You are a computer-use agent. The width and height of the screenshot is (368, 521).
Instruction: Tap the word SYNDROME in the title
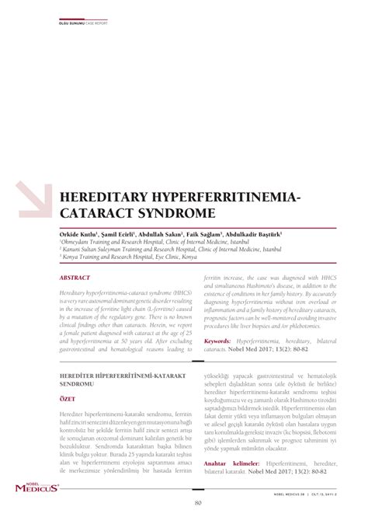click(x=182, y=212)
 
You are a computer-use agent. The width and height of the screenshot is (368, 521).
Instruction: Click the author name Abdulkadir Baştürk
click(x=256, y=233)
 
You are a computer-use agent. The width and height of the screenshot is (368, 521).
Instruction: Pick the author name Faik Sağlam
click(x=204, y=233)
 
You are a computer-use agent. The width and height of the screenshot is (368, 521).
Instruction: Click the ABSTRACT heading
click(x=75, y=276)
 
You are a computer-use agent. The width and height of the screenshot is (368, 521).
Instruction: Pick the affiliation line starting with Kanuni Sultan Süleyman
click(x=170, y=250)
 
